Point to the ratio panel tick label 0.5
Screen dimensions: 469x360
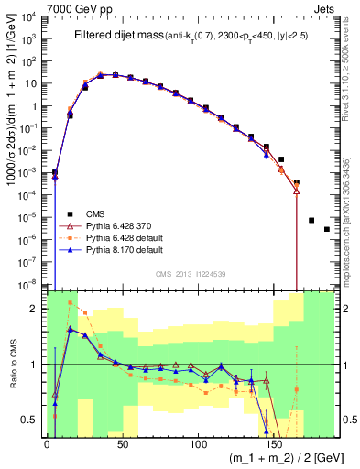[x=30, y=420]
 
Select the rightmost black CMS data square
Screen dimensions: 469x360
[x=326, y=229]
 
